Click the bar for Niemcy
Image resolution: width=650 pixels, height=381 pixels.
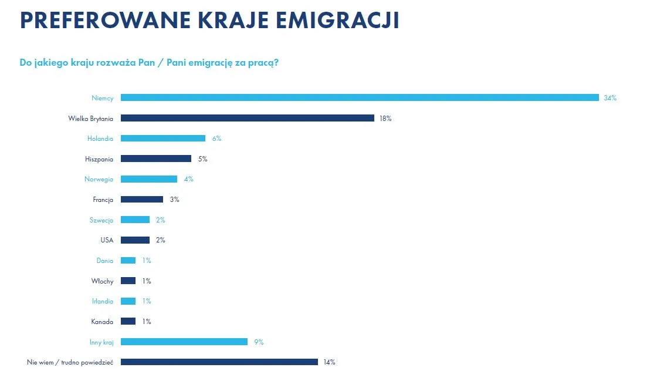[x=360, y=97]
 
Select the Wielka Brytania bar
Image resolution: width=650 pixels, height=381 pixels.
[x=248, y=118]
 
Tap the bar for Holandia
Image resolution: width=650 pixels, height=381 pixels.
[x=163, y=139]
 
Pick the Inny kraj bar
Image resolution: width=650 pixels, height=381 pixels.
[x=184, y=342]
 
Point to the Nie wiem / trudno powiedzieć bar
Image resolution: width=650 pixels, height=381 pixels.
[x=219, y=362]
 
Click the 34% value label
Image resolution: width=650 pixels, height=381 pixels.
[x=610, y=98]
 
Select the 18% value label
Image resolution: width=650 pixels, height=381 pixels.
[x=385, y=119]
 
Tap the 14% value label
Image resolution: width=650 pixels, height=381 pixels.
[x=329, y=362]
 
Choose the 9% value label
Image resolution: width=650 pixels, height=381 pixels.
[x=259, y=342]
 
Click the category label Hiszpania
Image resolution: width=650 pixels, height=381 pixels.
[x=99, y=159]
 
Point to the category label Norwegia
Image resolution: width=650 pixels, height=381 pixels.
[x=99, y=179]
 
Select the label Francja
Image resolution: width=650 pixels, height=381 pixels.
[x=103, y=200]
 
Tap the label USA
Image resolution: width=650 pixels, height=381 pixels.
[x=107, y=240]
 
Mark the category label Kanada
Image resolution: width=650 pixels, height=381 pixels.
[x=103, y=322]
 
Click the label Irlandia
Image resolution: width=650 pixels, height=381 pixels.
[x=103, y=301]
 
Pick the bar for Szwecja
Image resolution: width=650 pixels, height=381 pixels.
[x=135, y=220]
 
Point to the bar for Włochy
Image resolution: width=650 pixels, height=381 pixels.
[x=128, y=281]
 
